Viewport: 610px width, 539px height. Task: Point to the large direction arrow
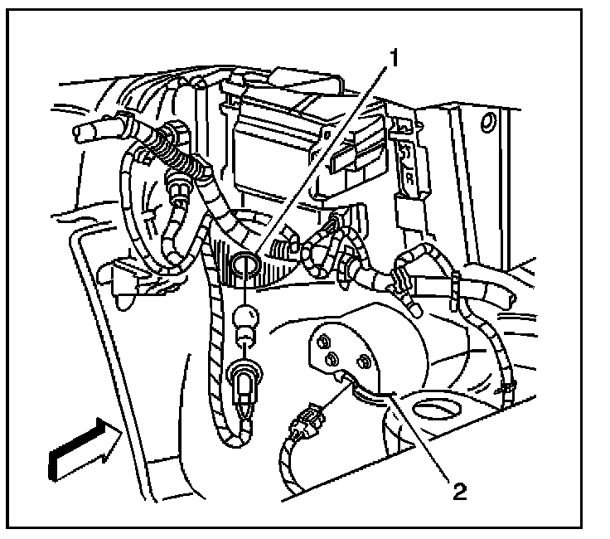pos(80,449)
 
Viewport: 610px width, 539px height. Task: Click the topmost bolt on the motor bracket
pos(322,339)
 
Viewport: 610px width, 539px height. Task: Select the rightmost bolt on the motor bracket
pos(363,362)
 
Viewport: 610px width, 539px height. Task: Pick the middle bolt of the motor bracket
pos(334,358)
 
